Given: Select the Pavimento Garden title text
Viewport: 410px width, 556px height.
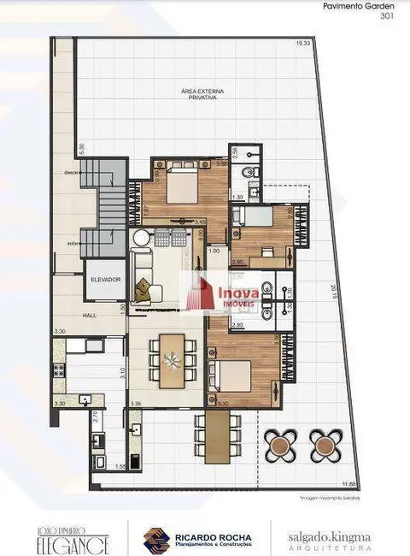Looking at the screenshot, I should (x=360, y=5).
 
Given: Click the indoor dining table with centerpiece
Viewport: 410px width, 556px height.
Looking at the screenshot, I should (x=172, y=361).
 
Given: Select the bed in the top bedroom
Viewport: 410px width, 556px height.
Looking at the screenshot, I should (x=184, y=182).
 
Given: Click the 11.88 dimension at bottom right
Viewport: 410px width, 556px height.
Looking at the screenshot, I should (x=348, y=485).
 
